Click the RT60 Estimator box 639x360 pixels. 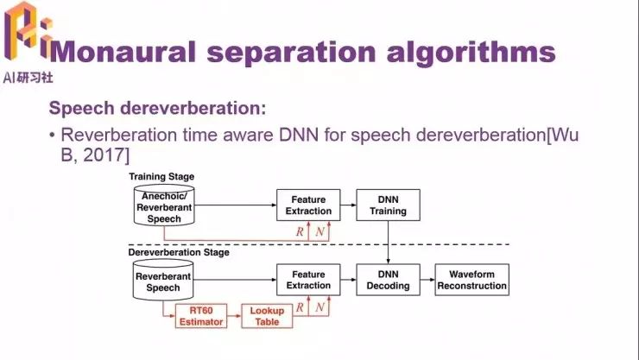coord(201,316)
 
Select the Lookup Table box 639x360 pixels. coord(267,316)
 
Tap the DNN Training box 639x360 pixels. coord(388,205)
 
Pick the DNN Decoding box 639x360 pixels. coord(388,280)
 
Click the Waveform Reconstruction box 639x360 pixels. coord(472,280)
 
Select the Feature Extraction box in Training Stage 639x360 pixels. coord(308,205)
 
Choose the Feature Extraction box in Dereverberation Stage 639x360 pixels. coord(308,280)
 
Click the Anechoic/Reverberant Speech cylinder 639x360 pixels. coord(164,205)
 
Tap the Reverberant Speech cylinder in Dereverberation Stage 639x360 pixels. coord(163,281)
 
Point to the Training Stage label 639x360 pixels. coord(161,177)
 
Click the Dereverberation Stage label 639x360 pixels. coord(179,252)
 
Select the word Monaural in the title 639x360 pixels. coord(123,52)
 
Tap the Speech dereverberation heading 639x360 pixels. coord(157,108)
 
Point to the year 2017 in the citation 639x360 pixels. coord(104,155)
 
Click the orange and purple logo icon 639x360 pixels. coord(28,30)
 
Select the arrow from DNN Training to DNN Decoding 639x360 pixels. coord(388,243)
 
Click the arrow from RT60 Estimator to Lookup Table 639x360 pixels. coord(234,316)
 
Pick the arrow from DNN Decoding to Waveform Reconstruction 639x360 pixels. coord(427,280)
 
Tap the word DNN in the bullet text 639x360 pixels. coord(299,135)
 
